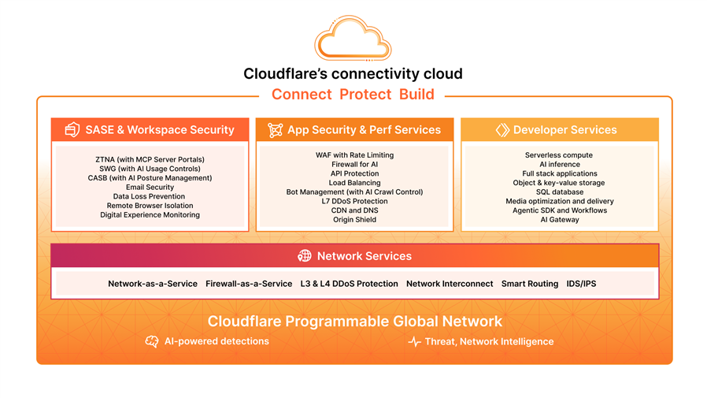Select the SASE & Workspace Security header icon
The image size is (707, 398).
point(72,130)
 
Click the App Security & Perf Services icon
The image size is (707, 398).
point(275,130)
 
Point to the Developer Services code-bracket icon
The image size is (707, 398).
point(502,130)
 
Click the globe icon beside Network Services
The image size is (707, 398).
point(305,256)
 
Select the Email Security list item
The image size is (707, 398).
point(150,188)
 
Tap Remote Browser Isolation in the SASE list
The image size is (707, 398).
point(150,206)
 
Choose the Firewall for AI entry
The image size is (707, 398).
point(354,165)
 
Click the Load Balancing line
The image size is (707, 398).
point(354,183)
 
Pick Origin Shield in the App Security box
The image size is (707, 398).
point(354,220)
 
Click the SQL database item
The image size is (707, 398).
point(560,192)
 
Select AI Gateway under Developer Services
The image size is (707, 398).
point(560,220)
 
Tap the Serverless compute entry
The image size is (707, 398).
point(560,155)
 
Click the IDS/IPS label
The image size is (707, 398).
point(581,284)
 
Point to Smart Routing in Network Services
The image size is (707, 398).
point(530,284)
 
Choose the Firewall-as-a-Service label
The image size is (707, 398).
point(249,284)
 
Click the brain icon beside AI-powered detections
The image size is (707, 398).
point(152,341)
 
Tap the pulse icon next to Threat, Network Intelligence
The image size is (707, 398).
point(414,342)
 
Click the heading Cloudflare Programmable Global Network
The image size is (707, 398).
point(354,322)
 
